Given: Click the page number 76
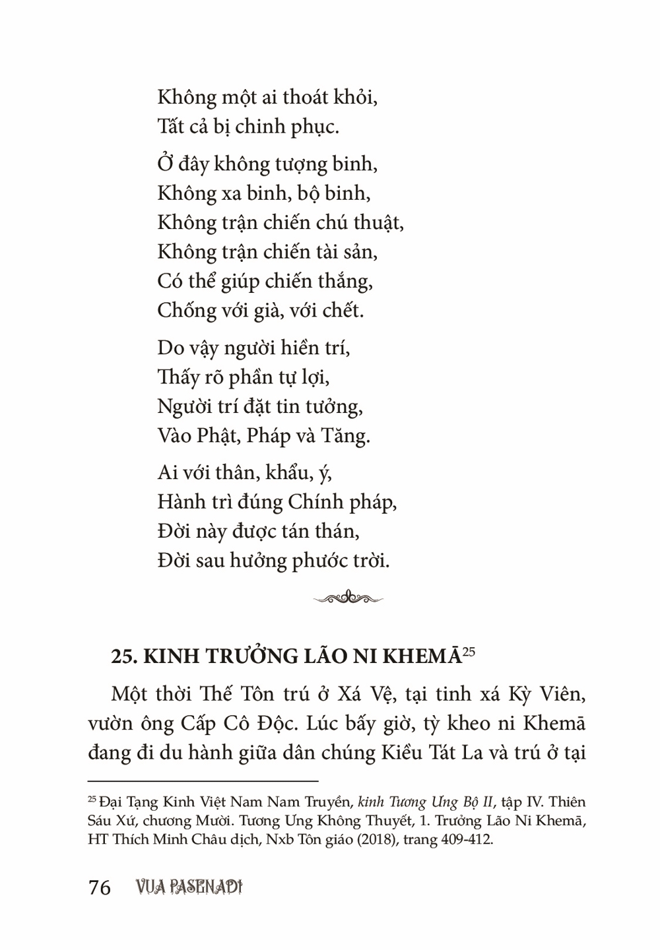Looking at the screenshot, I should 99,887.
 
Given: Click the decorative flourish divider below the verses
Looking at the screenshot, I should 348,598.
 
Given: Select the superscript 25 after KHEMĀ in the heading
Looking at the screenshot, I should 469,653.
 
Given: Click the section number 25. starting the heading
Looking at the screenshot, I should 125,658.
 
